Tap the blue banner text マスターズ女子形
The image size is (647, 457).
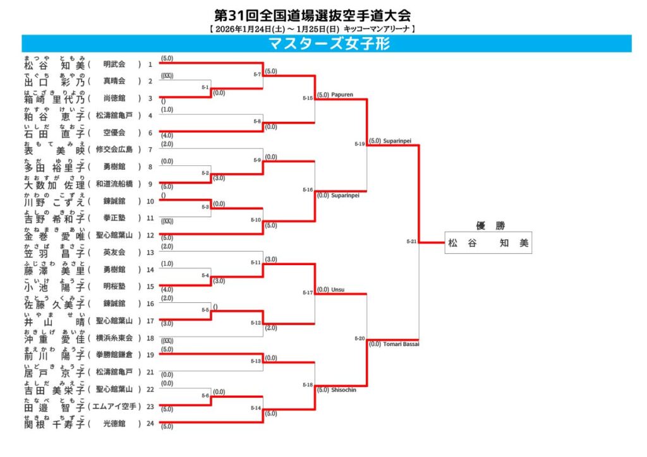[x=329, y=44]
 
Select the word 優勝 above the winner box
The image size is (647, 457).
[x=488, y=226]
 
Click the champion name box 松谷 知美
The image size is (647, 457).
[x=488, y=243]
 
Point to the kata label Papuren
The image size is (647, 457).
[x=342, y=95]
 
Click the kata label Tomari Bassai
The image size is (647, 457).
[x=402, y=344]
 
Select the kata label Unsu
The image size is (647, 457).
[x=337, y=289]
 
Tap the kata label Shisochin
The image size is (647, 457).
[x=344, y=390]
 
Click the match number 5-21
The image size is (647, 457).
[x=411, y=241]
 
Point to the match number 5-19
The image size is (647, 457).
[x=360, y=143]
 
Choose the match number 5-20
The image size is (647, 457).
[x=360, y=339]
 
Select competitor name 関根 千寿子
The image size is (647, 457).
[x=54, y=424]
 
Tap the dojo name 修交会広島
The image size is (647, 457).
[x=114, y=150]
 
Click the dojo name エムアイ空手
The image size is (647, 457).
[x=114, y=407]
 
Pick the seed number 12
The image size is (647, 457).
[x=150, y=235]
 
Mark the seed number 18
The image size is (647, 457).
[x=150, y=338]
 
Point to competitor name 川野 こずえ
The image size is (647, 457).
[x=54, y=201]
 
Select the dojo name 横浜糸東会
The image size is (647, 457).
[x=114, y=338]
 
